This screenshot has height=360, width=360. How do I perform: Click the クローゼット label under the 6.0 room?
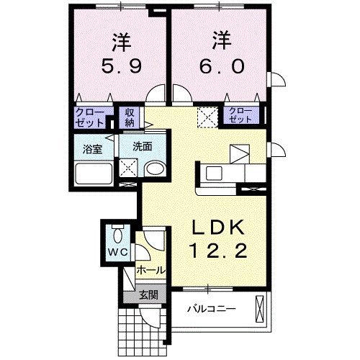(x=240, y=114)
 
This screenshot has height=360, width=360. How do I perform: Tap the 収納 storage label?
(x=130, y=117)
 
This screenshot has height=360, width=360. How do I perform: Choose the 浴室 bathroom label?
(x=91, y=150)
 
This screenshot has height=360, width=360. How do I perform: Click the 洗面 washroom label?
(x=141, y=146)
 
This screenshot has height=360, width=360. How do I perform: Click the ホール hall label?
(x=151, y=271)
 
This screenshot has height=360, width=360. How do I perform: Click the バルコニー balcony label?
(x=212, y=308)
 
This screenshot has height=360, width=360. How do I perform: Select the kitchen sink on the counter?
(x=214, y=173)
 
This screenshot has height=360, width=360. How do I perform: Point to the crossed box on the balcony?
(x=260, y=310)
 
